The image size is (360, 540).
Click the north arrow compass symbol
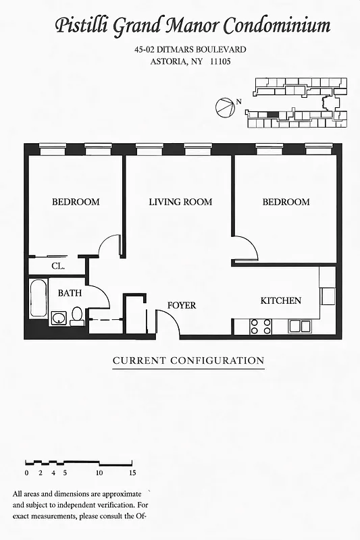click(x=223, y=106)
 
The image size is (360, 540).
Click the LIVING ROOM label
click(x=180, y=202)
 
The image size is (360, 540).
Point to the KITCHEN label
click(x=281, y=300)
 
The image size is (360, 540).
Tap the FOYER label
click(x=182, y=306)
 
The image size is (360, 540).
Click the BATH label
click(x=70, y=294)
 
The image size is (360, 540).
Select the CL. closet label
click(x=58, y=267)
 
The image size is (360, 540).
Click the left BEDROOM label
click(x=76, y=202)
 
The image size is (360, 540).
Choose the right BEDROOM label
click(x=286, y=202)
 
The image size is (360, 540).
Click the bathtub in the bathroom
click(x=38, y=303)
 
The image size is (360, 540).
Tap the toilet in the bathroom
click(x=78, y=316)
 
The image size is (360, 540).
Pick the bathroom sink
click(x=59, y=318)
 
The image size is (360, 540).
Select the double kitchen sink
click(x=300, y=327)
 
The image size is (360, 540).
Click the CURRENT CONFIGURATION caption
click(x=188, y=360)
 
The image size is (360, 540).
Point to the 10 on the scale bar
click(x=99, y=473)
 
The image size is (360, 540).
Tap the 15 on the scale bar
click(x=132, y=473)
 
